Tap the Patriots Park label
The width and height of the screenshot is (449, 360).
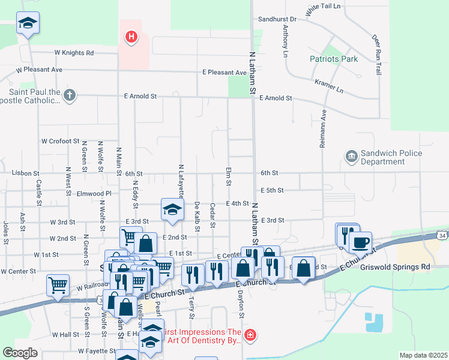[x=334, y=59]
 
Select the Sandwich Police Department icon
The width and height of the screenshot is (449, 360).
[x=351, y=157]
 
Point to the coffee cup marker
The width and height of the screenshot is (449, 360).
[x=360, y=242]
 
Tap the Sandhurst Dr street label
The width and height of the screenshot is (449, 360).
[x=277, y=19]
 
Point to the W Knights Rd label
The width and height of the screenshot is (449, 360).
[x=74, y=53]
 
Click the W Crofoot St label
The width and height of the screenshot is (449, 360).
[x=60, y=141]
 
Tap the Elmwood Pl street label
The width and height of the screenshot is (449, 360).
[x=94, y=194]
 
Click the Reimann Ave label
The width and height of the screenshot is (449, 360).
[x=324, y=129]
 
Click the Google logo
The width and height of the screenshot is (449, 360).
[x=20, y=353]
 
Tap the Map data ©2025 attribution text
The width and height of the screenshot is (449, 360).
[x=423, y=355]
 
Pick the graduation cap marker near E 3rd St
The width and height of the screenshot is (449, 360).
[x=172, y=209]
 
